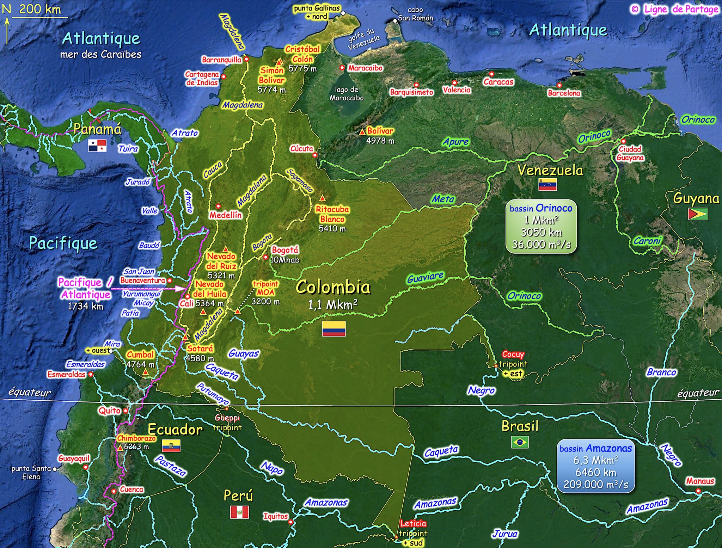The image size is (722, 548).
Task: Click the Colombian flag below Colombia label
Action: click(x=334, y=328)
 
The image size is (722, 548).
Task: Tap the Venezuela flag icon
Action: click(x=547, y=184)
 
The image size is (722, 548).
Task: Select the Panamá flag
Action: click(x=97, y=146)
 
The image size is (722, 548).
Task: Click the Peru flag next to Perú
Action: click(x=239, y=512)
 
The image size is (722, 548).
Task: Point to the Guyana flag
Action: click(x=698, y=214)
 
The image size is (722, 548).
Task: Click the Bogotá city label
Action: click(x=285, y=250)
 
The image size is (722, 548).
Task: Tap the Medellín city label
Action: click(x=226, y=215)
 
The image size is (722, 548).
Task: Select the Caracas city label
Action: click(x=498, y=82)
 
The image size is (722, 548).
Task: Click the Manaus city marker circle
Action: click(x=698, y=491)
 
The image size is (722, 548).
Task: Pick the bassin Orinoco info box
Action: click(x=541, y=227)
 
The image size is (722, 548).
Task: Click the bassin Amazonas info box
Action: click(x=595, y=466)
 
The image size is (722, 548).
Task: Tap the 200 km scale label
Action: click(x=40, y=9)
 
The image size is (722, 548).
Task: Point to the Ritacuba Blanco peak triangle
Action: click(x=322, y=198)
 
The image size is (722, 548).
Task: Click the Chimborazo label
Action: click(x=136, y=438)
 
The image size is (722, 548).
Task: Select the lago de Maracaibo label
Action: click(x=346, y=94)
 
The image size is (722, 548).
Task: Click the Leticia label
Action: click(x=413, y=523)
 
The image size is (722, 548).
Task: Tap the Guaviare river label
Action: click(x=425, y=278)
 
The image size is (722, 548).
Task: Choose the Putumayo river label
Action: click(x=213, y=394)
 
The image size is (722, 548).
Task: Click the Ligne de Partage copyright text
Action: click(x=675, y=10)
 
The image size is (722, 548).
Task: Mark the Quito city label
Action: click(x=109, y=411)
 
